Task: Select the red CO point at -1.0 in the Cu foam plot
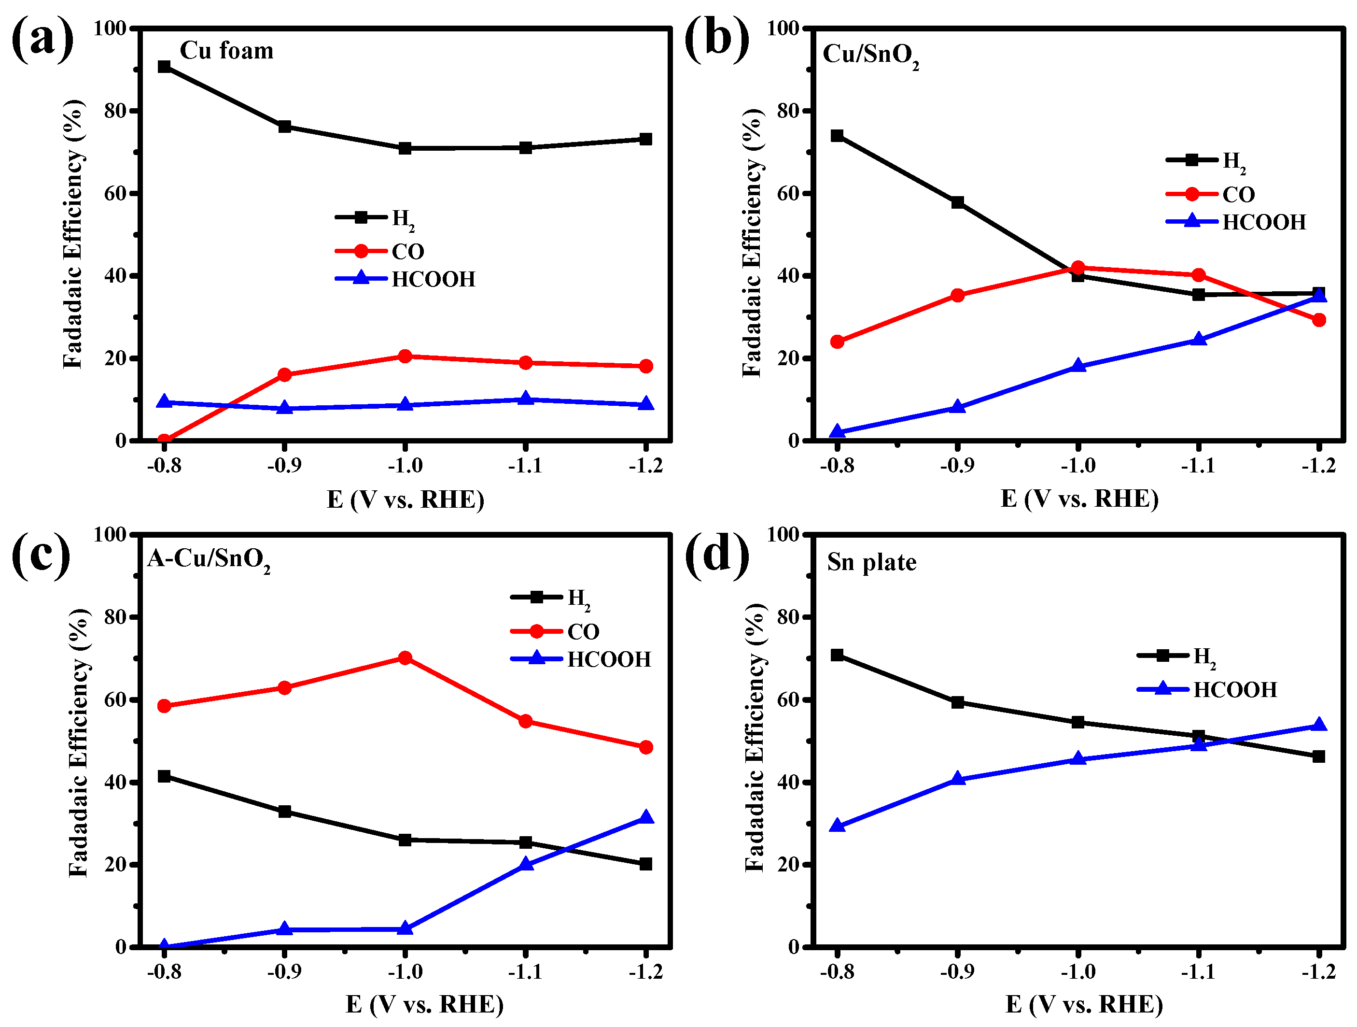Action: tap(405, 356)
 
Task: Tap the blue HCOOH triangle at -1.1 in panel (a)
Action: tap(525, 399)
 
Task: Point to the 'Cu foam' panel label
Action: tap(226, 50)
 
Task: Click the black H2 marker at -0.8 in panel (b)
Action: tap(837, 136)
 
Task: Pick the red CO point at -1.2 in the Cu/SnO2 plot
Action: tap(1319, 320)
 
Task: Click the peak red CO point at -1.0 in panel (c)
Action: tap(405, 658)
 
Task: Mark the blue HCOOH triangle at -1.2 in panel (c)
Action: tap(645, 817)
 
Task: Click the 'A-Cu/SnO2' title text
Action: tap(209, 558)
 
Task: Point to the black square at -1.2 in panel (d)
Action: tap(1318, 756)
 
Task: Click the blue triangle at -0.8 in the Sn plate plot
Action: tap(837, 826)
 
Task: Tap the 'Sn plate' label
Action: tap(871, 562)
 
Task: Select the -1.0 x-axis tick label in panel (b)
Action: tap(1078, 465)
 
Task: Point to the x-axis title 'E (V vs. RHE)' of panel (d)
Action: tap(1084, 1004)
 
